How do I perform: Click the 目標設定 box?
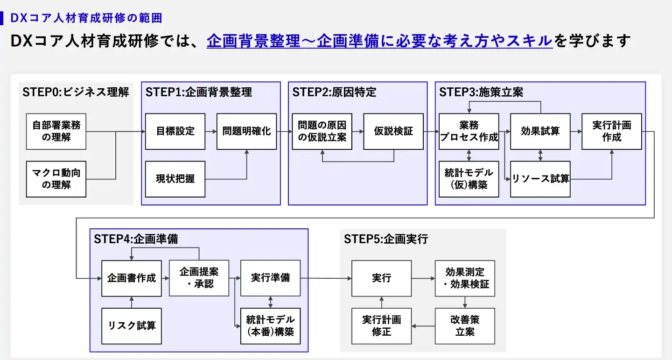175,131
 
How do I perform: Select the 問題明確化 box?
246,131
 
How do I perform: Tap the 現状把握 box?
175,179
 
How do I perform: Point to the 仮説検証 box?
393,131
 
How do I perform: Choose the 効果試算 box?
540,131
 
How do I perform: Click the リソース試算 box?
540,179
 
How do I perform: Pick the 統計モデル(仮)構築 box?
469,179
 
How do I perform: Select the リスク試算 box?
132,326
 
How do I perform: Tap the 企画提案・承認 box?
199,278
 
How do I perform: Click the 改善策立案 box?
465,326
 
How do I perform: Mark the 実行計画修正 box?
382,326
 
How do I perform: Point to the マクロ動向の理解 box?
56,179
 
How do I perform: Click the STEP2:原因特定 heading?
334,92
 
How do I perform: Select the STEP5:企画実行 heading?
386,239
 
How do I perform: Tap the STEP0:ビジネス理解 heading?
76,92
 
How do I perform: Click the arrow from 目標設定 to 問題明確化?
211,132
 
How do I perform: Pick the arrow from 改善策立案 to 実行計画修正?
423,326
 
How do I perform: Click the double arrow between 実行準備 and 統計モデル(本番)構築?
270,302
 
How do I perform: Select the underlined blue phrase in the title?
379,41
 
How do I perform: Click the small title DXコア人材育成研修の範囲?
86,18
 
